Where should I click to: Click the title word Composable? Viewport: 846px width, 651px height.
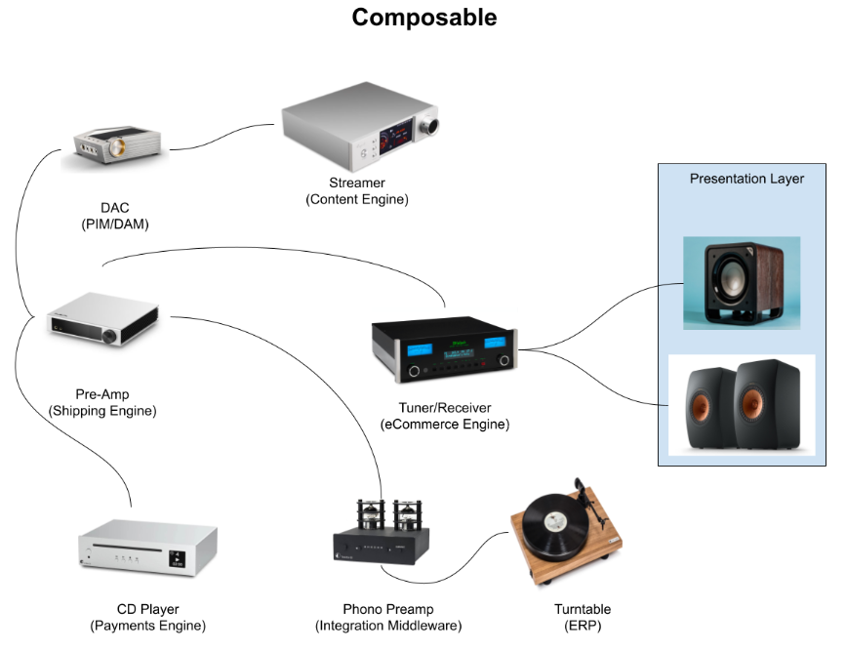pos(423,18)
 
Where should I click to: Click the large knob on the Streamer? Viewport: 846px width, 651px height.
pos(429,128)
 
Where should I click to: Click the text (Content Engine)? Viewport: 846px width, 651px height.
pos(356,200)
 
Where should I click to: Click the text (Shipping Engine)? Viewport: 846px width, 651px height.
pos(102,411)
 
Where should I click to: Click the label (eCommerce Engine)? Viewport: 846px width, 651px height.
pos(445,425)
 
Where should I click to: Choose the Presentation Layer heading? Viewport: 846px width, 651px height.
pos(746,179)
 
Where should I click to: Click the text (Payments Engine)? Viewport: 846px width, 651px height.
pos(147,626)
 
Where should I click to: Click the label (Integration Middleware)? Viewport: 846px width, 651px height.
pos(388,626)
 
